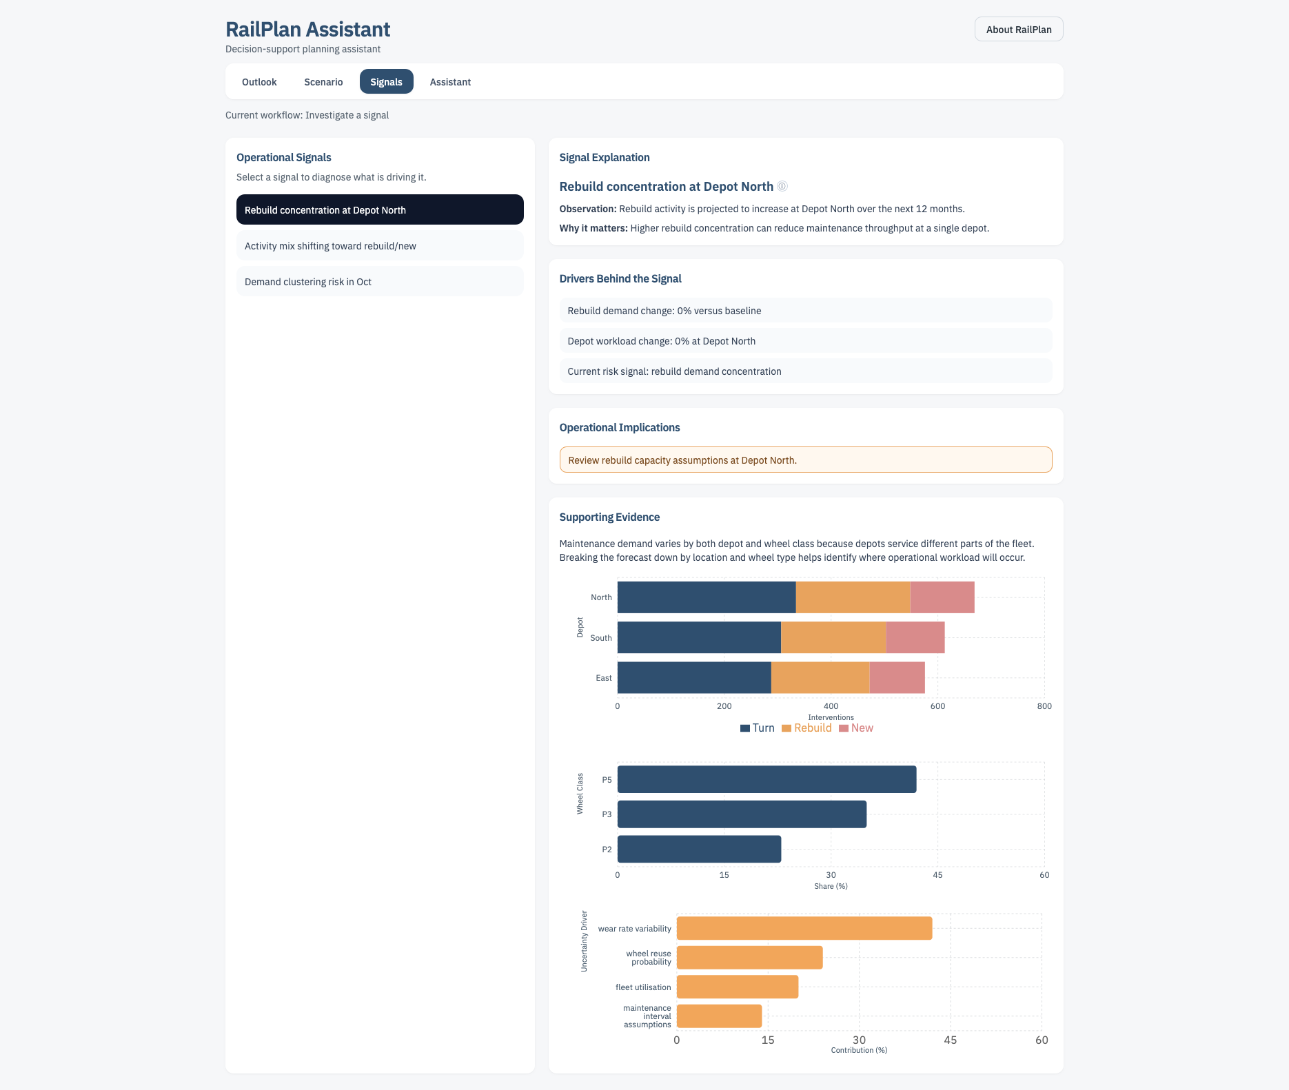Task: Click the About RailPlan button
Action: coord(1018,30)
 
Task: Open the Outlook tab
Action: coord(259,82)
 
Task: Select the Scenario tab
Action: coord(323,82)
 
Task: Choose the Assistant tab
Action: coord(450,82)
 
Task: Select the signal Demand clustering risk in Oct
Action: coord(379,282)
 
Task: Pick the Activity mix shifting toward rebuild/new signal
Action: coord(379,246)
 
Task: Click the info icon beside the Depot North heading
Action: coord(782,186)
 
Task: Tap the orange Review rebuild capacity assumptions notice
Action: coord(805,460)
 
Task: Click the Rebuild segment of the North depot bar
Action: coord(853,597)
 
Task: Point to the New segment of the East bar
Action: coord(897,678)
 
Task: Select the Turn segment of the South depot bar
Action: coord(699,637)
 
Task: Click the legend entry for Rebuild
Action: coord(806,728)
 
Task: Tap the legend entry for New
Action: coord(856,728)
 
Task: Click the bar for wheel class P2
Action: coord(699,849)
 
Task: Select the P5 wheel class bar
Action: coord(767,779)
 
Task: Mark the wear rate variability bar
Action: coord(804,928)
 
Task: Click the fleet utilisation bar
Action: coord(737,987)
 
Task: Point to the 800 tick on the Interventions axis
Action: coord(1044,706)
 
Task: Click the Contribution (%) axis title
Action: coord(858,1050)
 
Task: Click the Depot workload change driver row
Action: coord(805,341)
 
